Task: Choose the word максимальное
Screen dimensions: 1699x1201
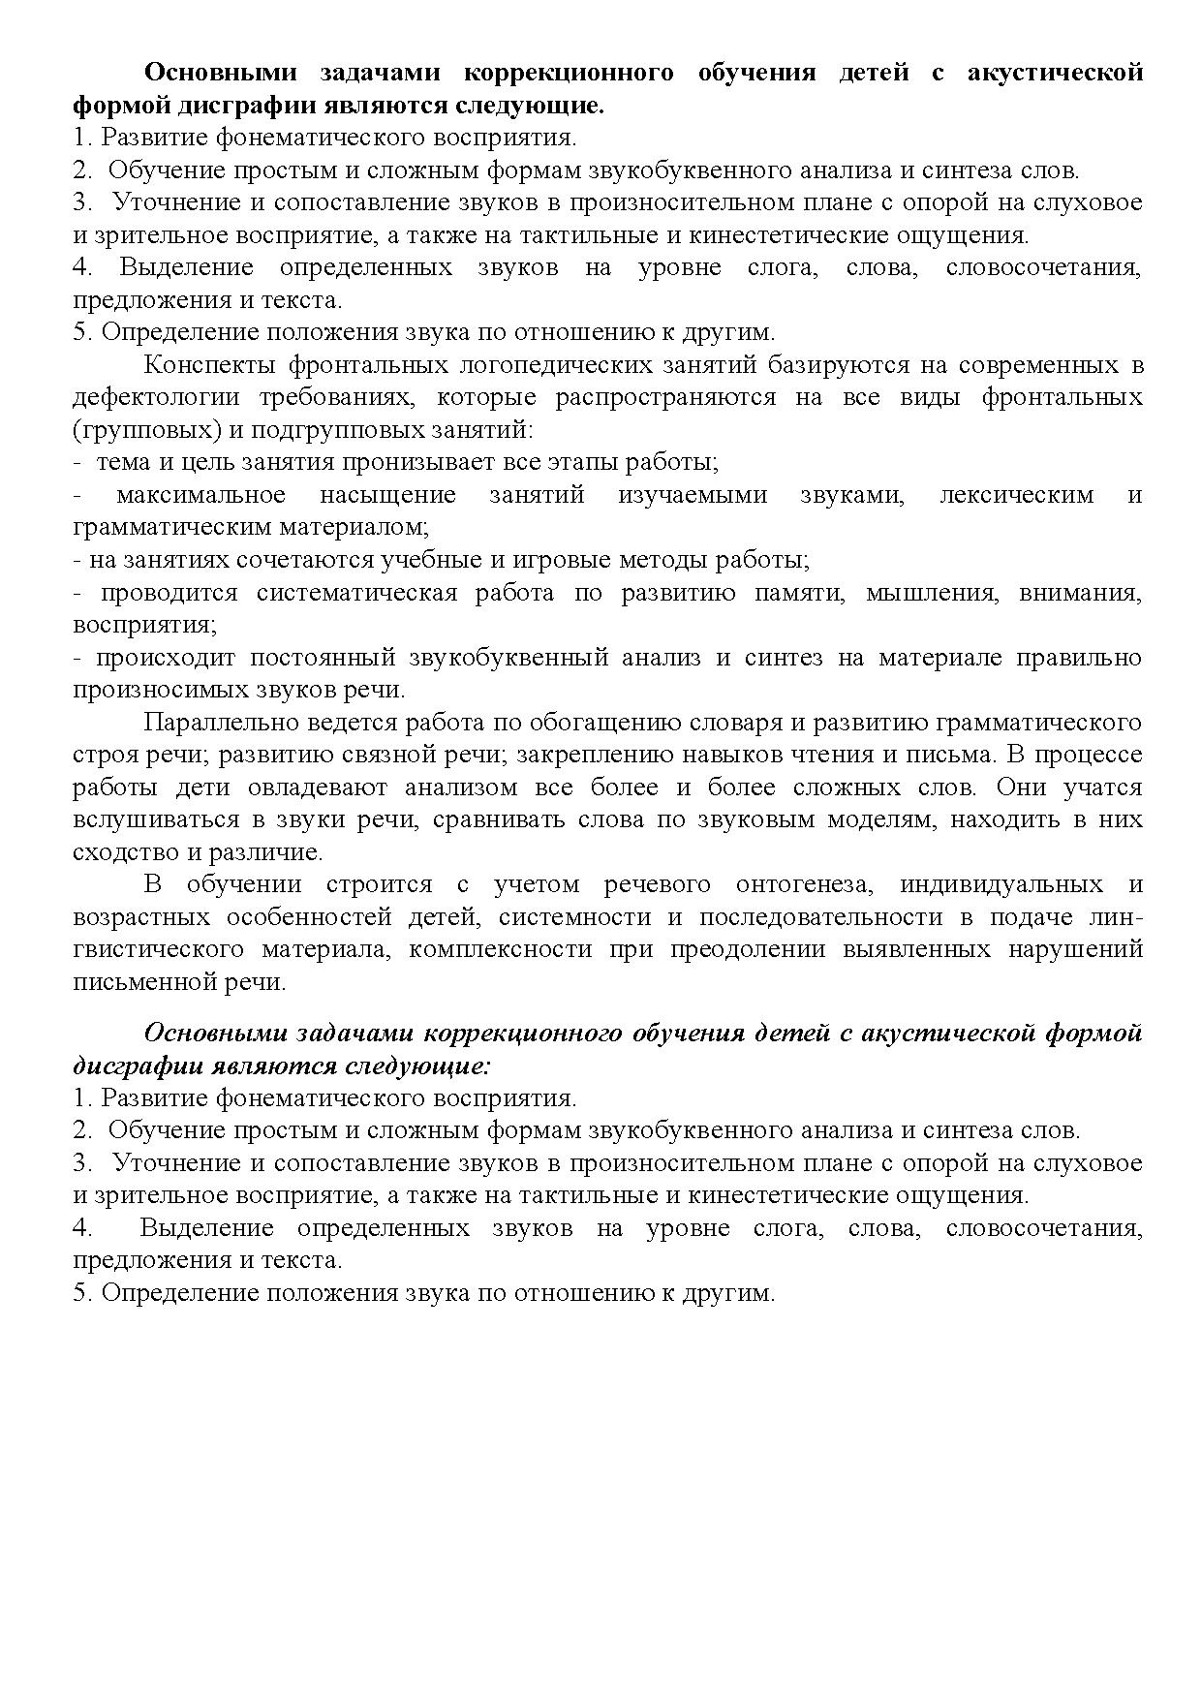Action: tap(201, 495)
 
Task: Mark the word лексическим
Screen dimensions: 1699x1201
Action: tap(1017, 495)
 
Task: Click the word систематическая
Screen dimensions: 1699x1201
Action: tap(356, 593)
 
